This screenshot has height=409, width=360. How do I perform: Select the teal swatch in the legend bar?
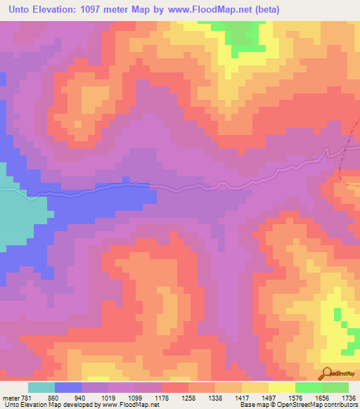point(41,387)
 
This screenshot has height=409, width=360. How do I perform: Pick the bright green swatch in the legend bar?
point(309,387)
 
